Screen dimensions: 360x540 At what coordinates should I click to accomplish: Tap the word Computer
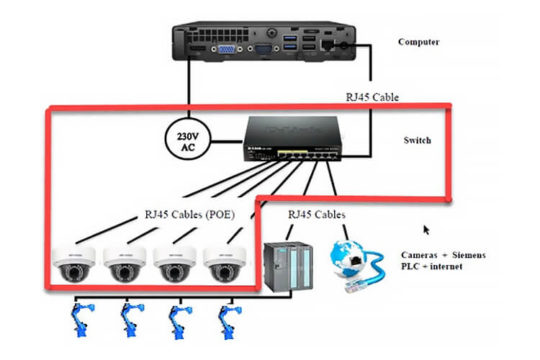click(419, 42)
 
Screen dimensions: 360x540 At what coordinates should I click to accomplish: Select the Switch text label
click(417, 140)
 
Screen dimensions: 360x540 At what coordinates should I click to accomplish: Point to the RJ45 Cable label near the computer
click(372, 97)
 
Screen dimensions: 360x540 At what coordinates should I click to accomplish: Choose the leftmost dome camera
click(73, 264)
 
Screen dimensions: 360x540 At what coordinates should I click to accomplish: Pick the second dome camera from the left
click(123, 264)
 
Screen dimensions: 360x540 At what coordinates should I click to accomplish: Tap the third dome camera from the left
click(174, 264)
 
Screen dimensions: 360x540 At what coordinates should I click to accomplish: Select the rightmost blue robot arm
click(229, 318)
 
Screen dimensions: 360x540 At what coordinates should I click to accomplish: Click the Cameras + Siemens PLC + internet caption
click(443, 261)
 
